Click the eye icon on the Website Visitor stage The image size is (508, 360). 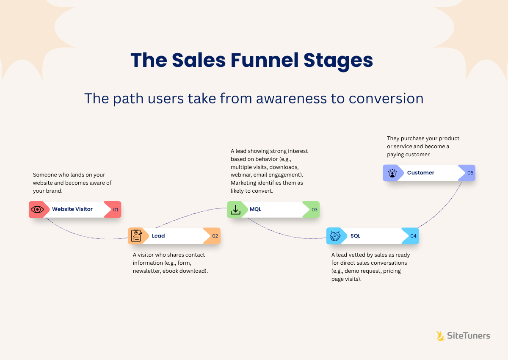(37, 209)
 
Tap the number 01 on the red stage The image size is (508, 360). (116, 209)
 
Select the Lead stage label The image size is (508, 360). (158, 236)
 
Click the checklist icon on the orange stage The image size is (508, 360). (136, 236)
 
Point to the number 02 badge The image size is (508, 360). (215, 236)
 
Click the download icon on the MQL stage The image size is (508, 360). (235, 209)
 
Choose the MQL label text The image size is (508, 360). (255, 209)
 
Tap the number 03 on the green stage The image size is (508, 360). (314, 209)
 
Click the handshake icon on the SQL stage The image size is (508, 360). (335, 236)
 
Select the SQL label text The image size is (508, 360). (355, 236)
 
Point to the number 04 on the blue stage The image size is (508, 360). (413, 236)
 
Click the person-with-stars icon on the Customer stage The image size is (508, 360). (392, 173)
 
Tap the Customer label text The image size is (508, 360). (420, 173)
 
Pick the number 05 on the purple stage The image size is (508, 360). (470, 173)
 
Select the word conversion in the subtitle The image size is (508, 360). (386, 98)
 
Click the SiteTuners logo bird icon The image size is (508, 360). (440, 336)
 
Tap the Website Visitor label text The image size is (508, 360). (72, 209)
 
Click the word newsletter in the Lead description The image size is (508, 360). (146, 271)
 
